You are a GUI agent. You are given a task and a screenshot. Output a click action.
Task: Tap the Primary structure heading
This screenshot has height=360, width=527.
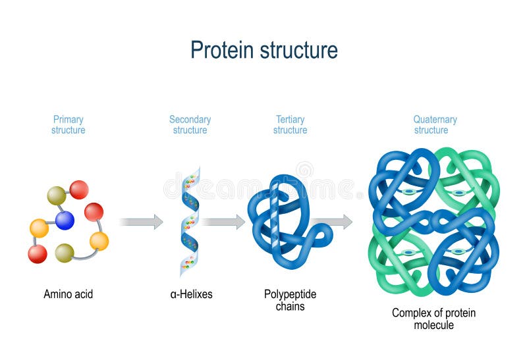(69, 125)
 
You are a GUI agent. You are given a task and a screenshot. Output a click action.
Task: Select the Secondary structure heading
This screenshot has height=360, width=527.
(190, 125)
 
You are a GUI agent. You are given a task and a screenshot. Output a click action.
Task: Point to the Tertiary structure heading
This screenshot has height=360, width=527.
(290, 125)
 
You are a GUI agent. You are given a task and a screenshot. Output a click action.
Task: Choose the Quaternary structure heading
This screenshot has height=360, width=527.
(435, 125)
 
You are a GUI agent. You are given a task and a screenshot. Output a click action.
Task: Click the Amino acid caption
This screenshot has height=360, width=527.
(69, 294)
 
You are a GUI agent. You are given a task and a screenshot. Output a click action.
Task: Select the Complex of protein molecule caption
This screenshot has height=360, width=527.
(433, 319)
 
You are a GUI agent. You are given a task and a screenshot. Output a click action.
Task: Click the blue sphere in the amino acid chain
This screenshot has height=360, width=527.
(65, 220)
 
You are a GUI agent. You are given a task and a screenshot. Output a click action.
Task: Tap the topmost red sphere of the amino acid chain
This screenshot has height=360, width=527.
(79, 190)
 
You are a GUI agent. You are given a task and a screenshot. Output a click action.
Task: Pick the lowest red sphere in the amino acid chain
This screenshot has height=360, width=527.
(38, 253)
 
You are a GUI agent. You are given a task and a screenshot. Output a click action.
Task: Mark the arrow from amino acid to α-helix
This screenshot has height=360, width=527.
(141, 222)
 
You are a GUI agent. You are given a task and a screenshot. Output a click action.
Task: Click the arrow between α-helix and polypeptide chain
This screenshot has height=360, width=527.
(223, 222)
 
